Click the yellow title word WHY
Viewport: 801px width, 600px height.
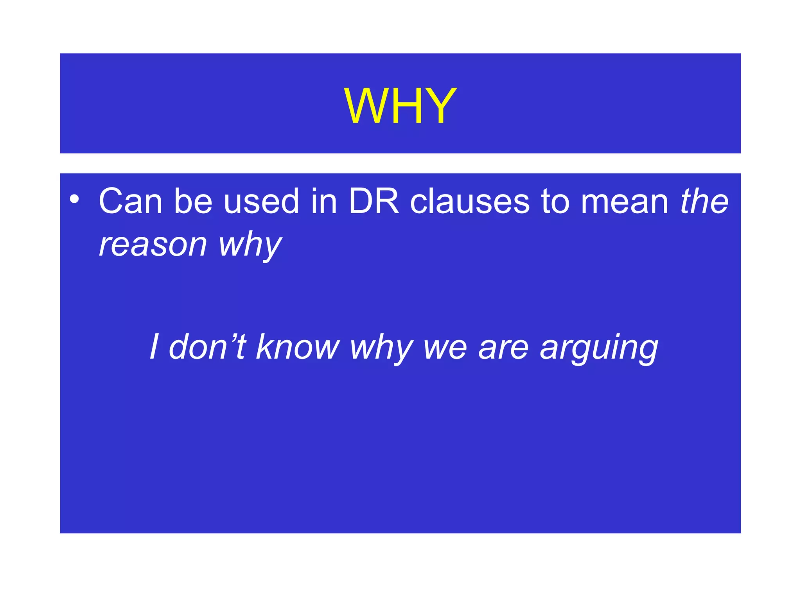(x=400, y=106)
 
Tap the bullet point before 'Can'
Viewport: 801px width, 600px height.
(x=74, y=200)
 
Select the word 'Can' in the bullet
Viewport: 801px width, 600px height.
(x=130, y=201)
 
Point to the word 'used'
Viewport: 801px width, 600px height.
(x=261, y=201)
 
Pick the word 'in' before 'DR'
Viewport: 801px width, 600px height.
(x=323, y=201)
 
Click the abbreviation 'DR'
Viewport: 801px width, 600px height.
(x=374, y=201)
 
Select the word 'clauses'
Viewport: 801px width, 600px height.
(x=470, y=201)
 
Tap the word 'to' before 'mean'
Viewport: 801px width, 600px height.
(x=555, y=201)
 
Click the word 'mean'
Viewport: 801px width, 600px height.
(x=625, y=201)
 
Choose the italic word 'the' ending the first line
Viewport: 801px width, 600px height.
(x=704, y=201)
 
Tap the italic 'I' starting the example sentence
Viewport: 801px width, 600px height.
(x=154, y=346)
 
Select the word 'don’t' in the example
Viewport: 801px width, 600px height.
(x=207, y=346)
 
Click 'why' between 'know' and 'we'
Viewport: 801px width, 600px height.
(x=382, y=346)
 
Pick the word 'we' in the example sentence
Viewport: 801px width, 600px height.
(x=445, y=346)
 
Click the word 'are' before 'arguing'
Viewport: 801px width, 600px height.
(x=503, y=346)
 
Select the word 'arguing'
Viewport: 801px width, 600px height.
(x=599, y=346)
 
